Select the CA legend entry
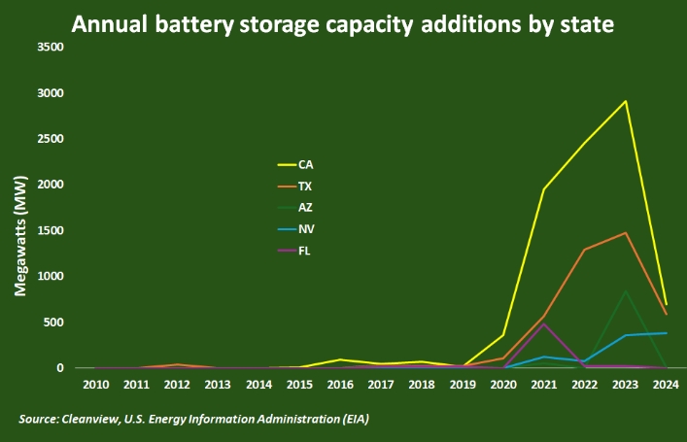click(x=305, y=164)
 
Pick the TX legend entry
click(x=305, y=186)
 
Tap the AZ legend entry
click(x=305, y=207)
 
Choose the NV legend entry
click(x=306, y=228)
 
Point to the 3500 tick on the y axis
click(x=50, y=48)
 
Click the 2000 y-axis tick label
click(x=50, y=185)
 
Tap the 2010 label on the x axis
click(x=95, y=386)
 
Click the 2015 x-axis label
click(x=299, y=386)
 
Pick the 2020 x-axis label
click(x=503, y=386)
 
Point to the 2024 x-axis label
click(x=667, y=386)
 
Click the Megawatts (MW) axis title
click(x=19, y=243)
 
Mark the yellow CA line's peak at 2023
click(x=626, y=101)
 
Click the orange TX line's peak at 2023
click(x=626, y=233)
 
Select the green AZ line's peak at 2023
click(x=626, y=291)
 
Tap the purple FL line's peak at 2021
click(x=544, y=323)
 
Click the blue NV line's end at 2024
click(x=667, y=333)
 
